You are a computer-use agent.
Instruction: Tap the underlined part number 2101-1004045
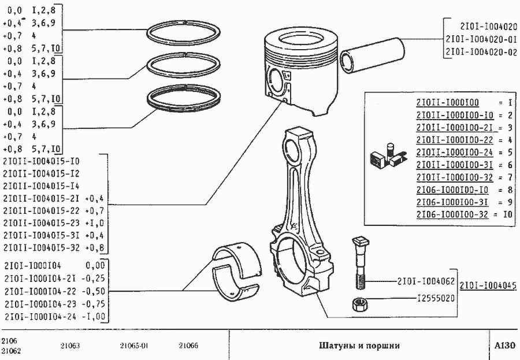[x=488, y=285]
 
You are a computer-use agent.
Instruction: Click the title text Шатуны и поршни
[x=359, y=346]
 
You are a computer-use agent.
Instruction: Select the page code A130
[x=504, y=346]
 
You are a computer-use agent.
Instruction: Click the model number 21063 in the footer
[x=70, y=346]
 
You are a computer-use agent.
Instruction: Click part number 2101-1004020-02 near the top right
[x=480, y=53]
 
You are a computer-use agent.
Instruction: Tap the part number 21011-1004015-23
[x=42, y=222]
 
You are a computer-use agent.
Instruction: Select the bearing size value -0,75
[x=94, y=304]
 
